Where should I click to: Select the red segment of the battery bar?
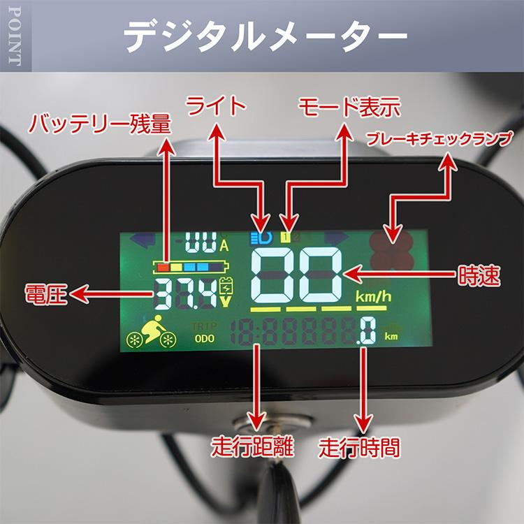pyautogui.click(x=162, y=266)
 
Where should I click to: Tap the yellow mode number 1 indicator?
pyautogui.click(x=286, y=237)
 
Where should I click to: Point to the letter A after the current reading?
pyautogui.click(x=224, y=245)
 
